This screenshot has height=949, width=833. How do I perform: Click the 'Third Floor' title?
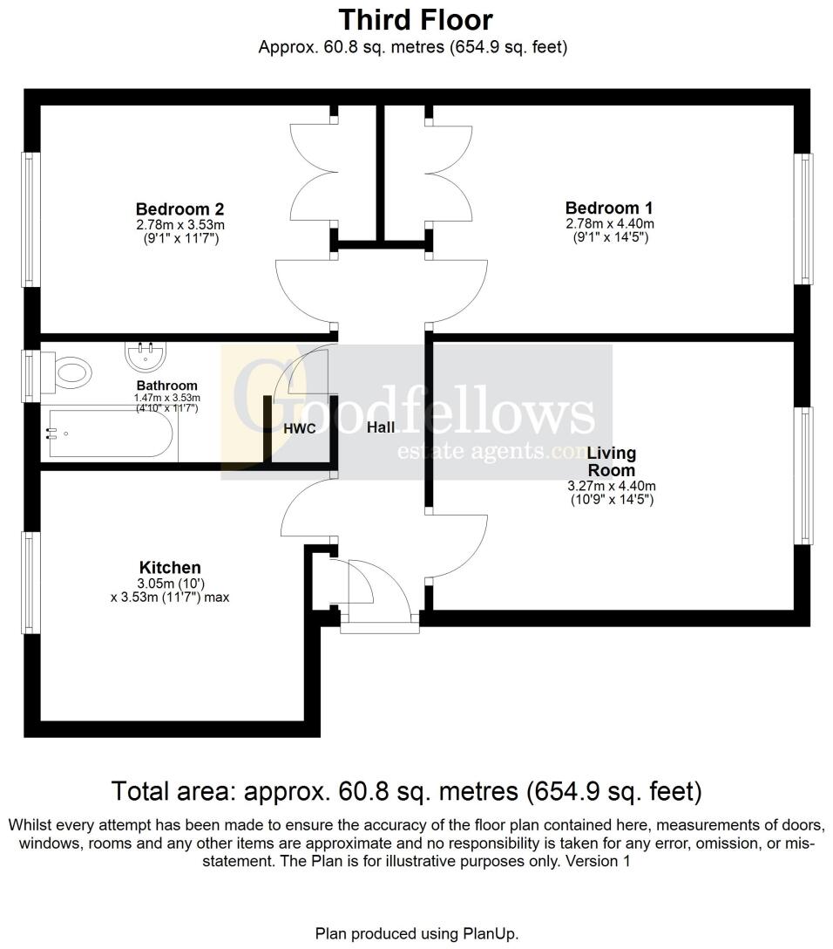[416, 19]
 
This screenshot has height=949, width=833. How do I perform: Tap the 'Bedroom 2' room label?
[179, 209]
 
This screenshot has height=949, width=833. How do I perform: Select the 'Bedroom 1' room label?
[609, 208]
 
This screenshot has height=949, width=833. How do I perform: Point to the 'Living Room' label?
[611, 461]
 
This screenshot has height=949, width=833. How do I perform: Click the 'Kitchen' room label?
[170, 568]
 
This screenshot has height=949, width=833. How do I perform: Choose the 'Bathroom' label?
[166, 386]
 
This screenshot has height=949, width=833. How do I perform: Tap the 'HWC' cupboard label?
[299, 429]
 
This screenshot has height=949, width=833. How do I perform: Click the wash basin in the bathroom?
[145, 355]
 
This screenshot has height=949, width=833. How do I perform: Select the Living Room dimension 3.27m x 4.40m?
[611, 487]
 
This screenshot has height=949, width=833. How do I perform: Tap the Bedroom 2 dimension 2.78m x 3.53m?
[179, 225]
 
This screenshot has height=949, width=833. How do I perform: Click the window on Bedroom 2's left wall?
[31, 220]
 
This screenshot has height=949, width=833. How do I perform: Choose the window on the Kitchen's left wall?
[31, 583]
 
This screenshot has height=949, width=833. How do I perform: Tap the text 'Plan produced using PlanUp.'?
[416, 933]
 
